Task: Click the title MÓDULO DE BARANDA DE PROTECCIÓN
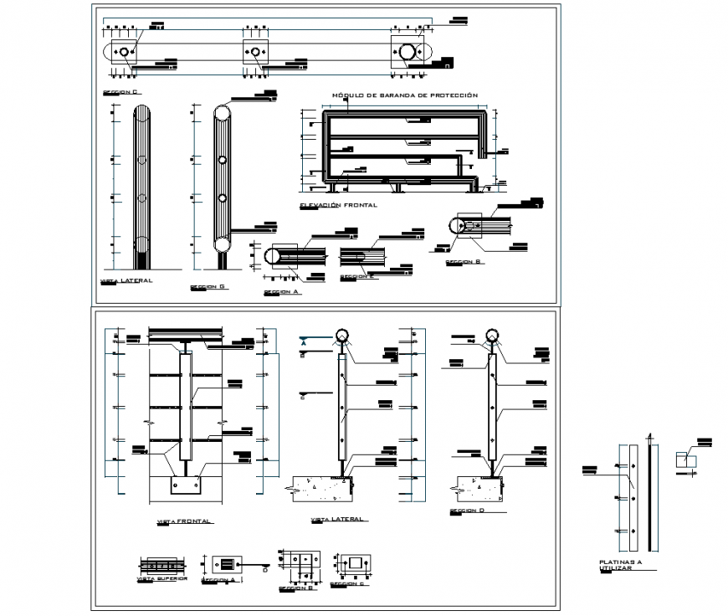[405, 96]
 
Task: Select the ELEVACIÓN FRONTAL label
[338, 204]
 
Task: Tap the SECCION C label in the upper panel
[120, 90]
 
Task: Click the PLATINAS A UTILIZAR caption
[620, 566]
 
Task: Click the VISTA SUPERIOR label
[161, 578]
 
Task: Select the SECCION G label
[208, 286]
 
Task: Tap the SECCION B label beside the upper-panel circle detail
[464, 262]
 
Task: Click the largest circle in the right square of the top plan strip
[410, 52]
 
